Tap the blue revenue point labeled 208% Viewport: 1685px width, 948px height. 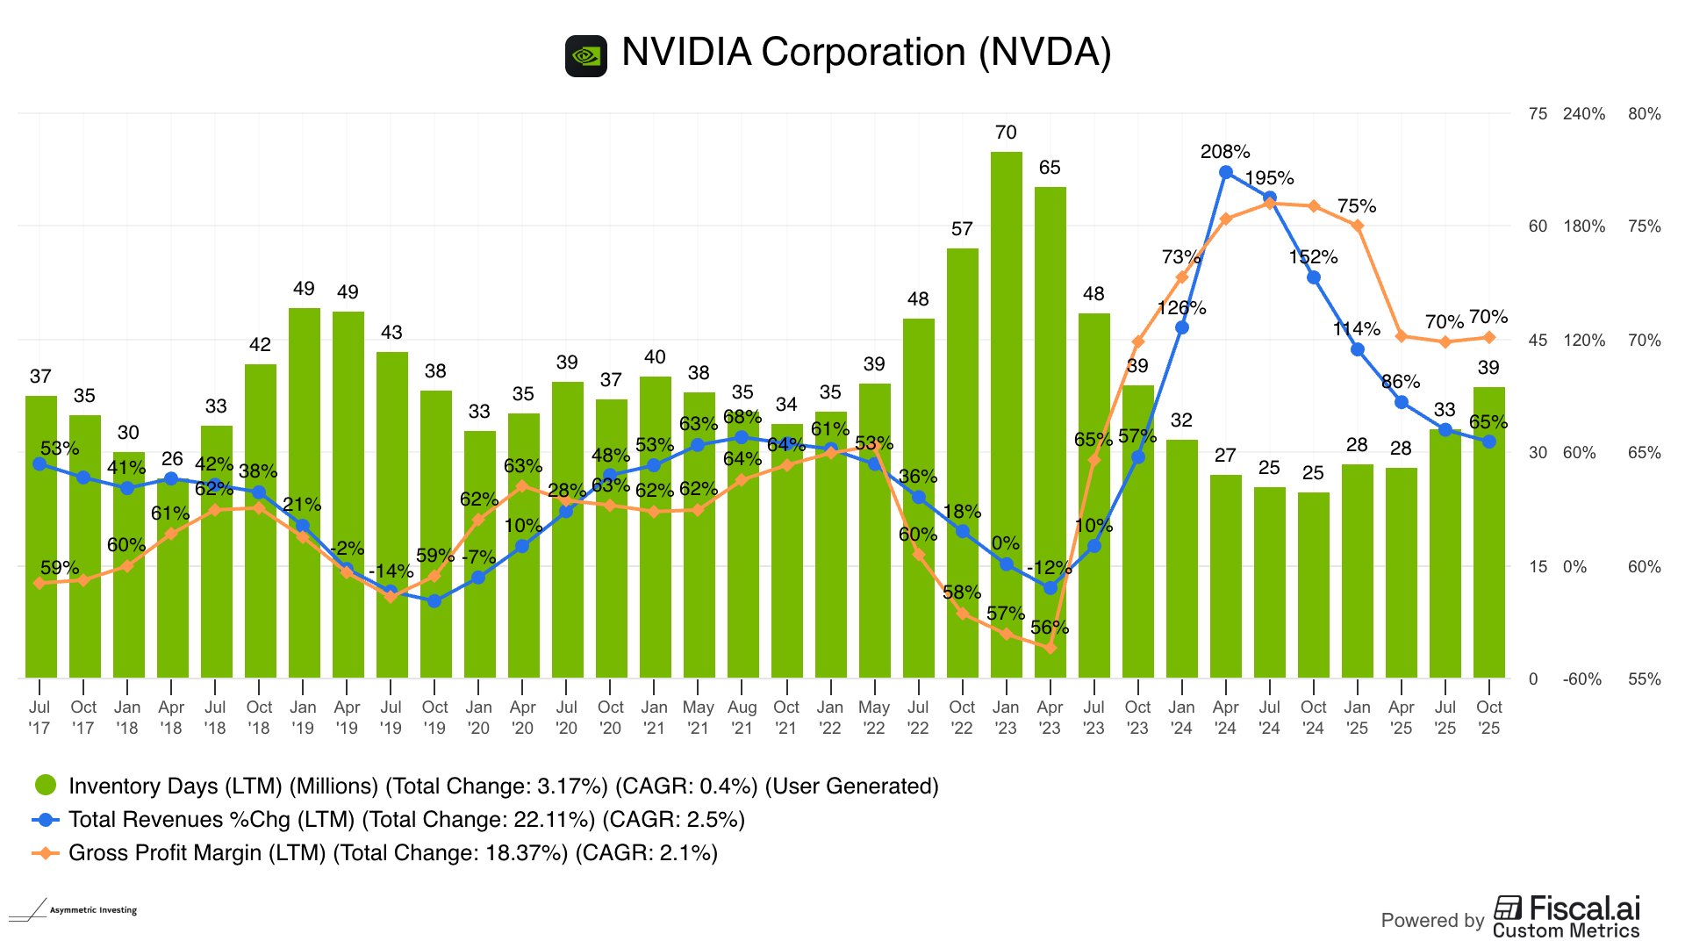click(1226, 173)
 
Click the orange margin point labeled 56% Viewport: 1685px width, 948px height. click(1050, 648)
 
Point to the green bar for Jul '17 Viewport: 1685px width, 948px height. click(40, 535)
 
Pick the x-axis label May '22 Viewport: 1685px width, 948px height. click(874, 717)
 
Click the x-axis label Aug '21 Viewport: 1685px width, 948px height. click(742, 717)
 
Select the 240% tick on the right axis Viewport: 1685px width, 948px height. click(1583, 114)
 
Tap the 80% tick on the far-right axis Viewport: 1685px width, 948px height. click(1644, 114)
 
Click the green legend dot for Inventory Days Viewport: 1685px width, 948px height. click(46, 786)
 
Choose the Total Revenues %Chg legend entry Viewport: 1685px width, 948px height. click(405, 820)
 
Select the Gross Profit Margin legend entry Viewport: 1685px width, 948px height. click(392, 853)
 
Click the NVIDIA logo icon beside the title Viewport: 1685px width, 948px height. click(586, 56)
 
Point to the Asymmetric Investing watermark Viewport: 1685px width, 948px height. click(75, 910)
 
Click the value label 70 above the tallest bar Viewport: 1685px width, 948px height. click(1006, 133)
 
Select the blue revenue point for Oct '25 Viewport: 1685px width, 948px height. click(1489, 442)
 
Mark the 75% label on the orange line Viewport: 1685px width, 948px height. click(1357, 206)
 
